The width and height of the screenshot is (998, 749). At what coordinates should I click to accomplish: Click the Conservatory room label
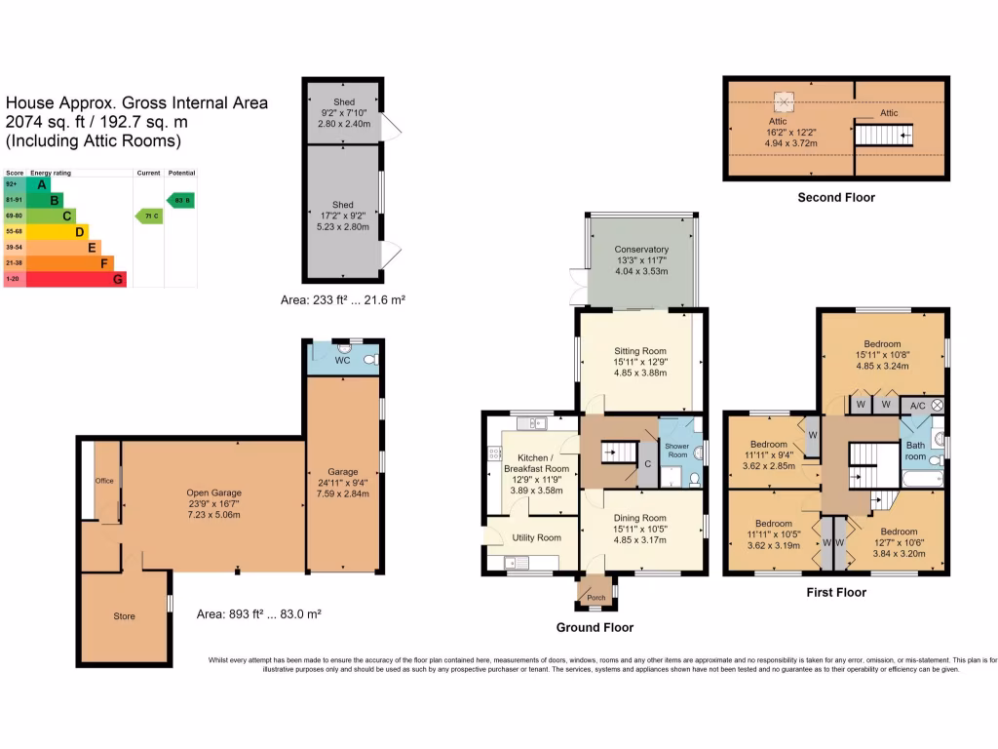tap(640, 250)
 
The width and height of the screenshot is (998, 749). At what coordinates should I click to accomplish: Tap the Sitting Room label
tap(639, 350)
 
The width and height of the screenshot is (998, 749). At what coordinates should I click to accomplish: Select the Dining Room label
tap(639, 518)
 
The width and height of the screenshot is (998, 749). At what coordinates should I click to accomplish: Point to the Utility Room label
tap(536, 537)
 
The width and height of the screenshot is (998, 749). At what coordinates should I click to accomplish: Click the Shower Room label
tap(676, 450)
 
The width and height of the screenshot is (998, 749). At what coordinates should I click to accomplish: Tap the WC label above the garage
tap(341, 361)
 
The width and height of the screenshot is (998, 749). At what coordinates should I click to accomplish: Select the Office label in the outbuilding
tap(104, 481)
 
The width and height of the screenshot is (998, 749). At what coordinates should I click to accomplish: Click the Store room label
tap(124, 616)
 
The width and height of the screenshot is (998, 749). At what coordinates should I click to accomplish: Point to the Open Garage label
tap(213, 493)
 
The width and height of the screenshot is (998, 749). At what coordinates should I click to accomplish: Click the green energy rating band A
tap(41, 184)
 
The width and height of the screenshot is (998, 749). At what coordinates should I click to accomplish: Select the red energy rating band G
tap(117, 279)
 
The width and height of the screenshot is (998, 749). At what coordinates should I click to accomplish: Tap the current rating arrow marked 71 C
tap(148, 216)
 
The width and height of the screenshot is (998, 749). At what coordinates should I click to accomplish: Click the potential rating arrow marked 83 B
tap(179, 200)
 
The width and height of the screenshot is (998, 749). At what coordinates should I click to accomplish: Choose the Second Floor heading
tap(835, 198)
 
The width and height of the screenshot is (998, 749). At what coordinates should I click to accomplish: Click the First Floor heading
tap(835, 592)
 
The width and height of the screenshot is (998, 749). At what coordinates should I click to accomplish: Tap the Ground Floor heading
tap(594, 627)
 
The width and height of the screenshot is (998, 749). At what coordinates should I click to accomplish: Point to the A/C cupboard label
tap(917, 404)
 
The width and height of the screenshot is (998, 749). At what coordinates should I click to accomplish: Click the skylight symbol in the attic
tap(784, 100)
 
